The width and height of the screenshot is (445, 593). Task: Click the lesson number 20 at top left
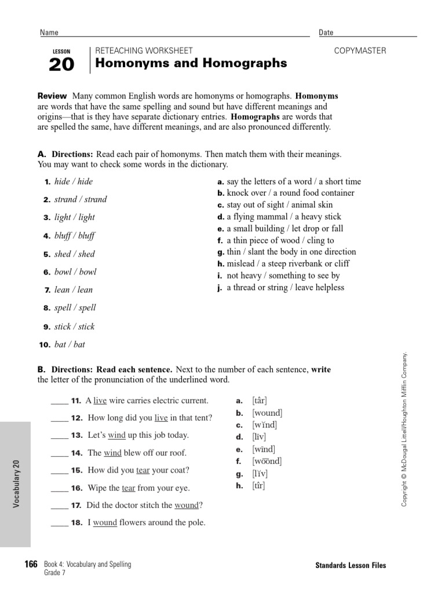pyautogui.click(x=61, y=65)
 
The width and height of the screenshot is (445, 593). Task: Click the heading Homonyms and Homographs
pyautogui.click(x=191, y=63)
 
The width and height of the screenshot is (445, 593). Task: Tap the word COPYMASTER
pyautogui.click(x=360, y=51)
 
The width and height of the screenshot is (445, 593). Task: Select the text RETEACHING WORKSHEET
pyautogui.click(x=144, y=51)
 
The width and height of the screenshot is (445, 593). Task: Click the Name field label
pyautogui.click(x=49, y=33)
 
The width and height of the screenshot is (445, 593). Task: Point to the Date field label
pyautogui.click(x=326, y=33)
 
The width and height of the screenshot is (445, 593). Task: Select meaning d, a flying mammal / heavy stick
pyautogui.click(x=279, y=217)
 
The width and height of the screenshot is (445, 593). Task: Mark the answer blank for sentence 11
pyautogui.click(x=59, y=401)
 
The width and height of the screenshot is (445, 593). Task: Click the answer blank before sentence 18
pyautogui.click(x=59, y=523)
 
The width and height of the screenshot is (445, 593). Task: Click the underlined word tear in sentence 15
pyautogui.click(x=143, y=470)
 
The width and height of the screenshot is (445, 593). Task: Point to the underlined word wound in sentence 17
pyautogui.click(x=186, y=506)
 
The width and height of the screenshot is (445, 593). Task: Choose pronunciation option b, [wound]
pyautogui.click(x=267, y=413)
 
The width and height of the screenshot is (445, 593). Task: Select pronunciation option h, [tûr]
pyautogui.click(x=258, y=485)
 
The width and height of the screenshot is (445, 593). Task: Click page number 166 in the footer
pyautogui.click(x=31, y=565)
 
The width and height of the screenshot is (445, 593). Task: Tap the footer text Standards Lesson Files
pyautogui.click(x=351, y=566)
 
